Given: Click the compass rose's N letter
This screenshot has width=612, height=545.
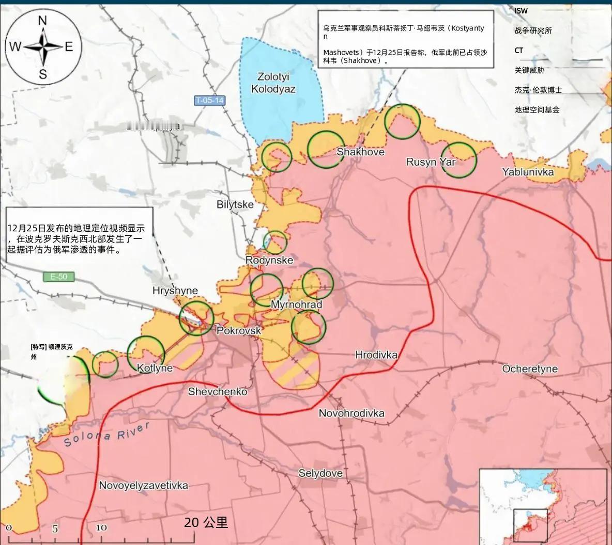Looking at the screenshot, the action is pyautogui.click(x=43, y=21).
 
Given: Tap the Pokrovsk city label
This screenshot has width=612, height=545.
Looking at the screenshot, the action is pyautogui.click(x=238, y=330).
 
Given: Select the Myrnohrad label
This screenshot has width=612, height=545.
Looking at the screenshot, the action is pyautogui.click(x=296, y=304).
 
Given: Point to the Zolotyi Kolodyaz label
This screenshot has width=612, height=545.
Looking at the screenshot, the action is pyautogui.click(x=273, y=83).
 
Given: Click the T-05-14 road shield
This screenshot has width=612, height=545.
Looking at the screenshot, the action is pyautogui.click(x=210, y=101).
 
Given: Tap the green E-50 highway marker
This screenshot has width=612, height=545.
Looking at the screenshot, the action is pyautogui.click(x=59, y=277).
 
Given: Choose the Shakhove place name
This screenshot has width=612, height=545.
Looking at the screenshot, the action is pyautogui.click(x=360, y=152).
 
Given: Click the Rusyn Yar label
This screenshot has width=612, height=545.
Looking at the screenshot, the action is pyautogui.click(x=431, y=162).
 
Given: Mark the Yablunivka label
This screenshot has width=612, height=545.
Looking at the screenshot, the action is pyautogui.click(x=527, y=172).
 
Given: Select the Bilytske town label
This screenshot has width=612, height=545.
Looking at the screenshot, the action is pyautogui.click(x=235, y=204).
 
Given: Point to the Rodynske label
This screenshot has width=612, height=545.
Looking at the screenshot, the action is pyautogui.click(x=269, y=260).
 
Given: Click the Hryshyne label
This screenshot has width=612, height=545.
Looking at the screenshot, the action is pyautogui.click(x=175, y=291).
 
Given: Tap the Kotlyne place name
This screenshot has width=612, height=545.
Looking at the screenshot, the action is pyautogui.click(x=155, y=368).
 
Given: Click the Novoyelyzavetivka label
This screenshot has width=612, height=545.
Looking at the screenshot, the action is pyautogui.click(x=143, y=485).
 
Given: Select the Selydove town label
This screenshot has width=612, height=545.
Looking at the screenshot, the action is pyautogui.click(x=320, y=473).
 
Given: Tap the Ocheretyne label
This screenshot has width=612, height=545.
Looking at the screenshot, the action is pyautogui.click(x=530, y=368).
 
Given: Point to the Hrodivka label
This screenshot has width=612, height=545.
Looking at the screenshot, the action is pyautogui.click(x=376, y=355).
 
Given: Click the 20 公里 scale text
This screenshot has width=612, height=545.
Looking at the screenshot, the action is pyautogui.click(x=206, y=522).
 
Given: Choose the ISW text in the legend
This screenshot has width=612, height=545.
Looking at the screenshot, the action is pyautogui.click(x=521, y=11).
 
